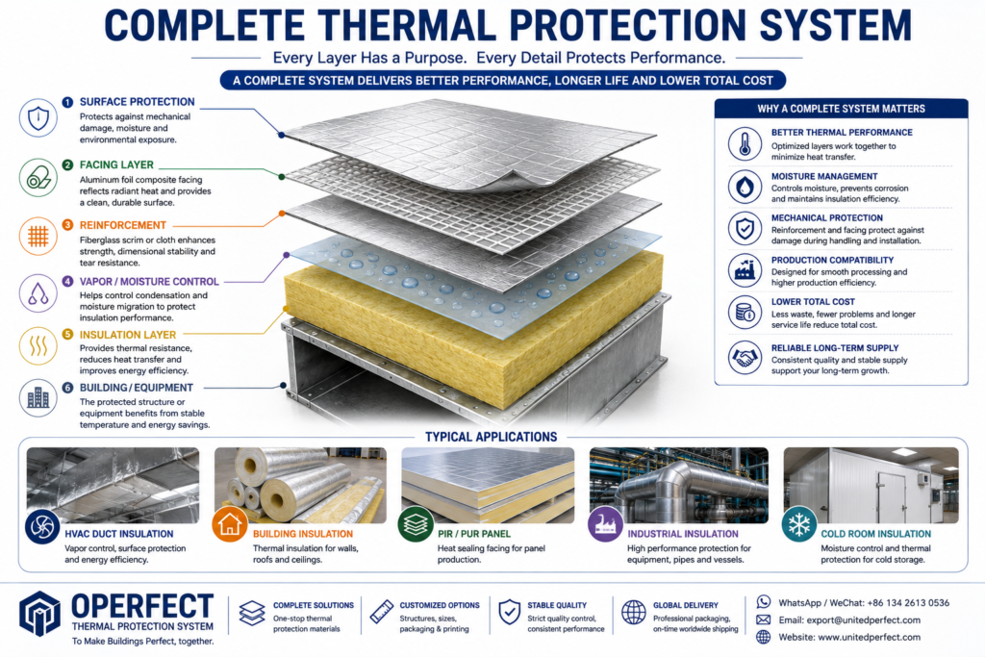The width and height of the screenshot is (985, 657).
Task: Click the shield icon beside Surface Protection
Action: coord(38,118)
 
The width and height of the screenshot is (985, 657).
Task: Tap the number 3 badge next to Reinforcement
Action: coord(68,225)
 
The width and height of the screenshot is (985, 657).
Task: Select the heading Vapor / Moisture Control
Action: coord(149,282)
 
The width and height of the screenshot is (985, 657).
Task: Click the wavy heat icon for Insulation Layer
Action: coord(38,345)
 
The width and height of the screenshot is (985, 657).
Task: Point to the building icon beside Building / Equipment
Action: coord(38,398)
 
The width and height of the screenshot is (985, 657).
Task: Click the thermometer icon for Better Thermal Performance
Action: coord(745,144)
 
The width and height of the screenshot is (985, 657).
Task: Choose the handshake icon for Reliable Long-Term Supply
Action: coord(745,358)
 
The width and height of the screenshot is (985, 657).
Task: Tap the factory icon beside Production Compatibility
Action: coord(745,270)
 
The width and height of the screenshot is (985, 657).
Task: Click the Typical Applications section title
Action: coord(492,437)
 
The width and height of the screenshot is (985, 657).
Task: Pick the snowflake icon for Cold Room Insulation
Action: coord(799,524)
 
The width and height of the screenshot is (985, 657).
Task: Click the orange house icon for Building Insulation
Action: coord(230,524)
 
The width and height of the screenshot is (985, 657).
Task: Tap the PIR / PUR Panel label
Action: coord(474,534)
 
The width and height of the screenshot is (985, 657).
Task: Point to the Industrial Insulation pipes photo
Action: coord(678,485)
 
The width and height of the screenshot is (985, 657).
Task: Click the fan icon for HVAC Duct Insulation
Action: coord(42,526)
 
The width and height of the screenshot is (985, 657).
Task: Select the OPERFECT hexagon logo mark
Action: coord(39,614)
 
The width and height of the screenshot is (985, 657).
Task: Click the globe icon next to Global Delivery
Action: coord(633,612)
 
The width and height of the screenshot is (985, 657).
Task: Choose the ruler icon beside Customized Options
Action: coord(381,612)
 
